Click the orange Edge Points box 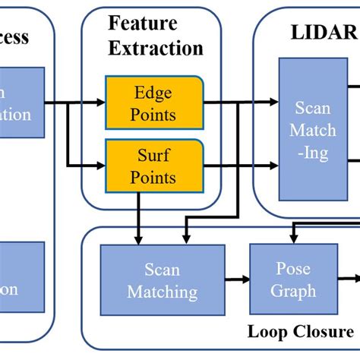153,104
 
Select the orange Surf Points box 153,167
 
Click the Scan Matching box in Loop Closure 162,280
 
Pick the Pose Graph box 292,279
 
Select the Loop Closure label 300,332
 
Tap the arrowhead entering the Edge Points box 101,100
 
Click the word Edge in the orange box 153,93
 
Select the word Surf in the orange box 154,157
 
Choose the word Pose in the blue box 292,270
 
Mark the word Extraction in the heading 156,49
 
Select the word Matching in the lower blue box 162,292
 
